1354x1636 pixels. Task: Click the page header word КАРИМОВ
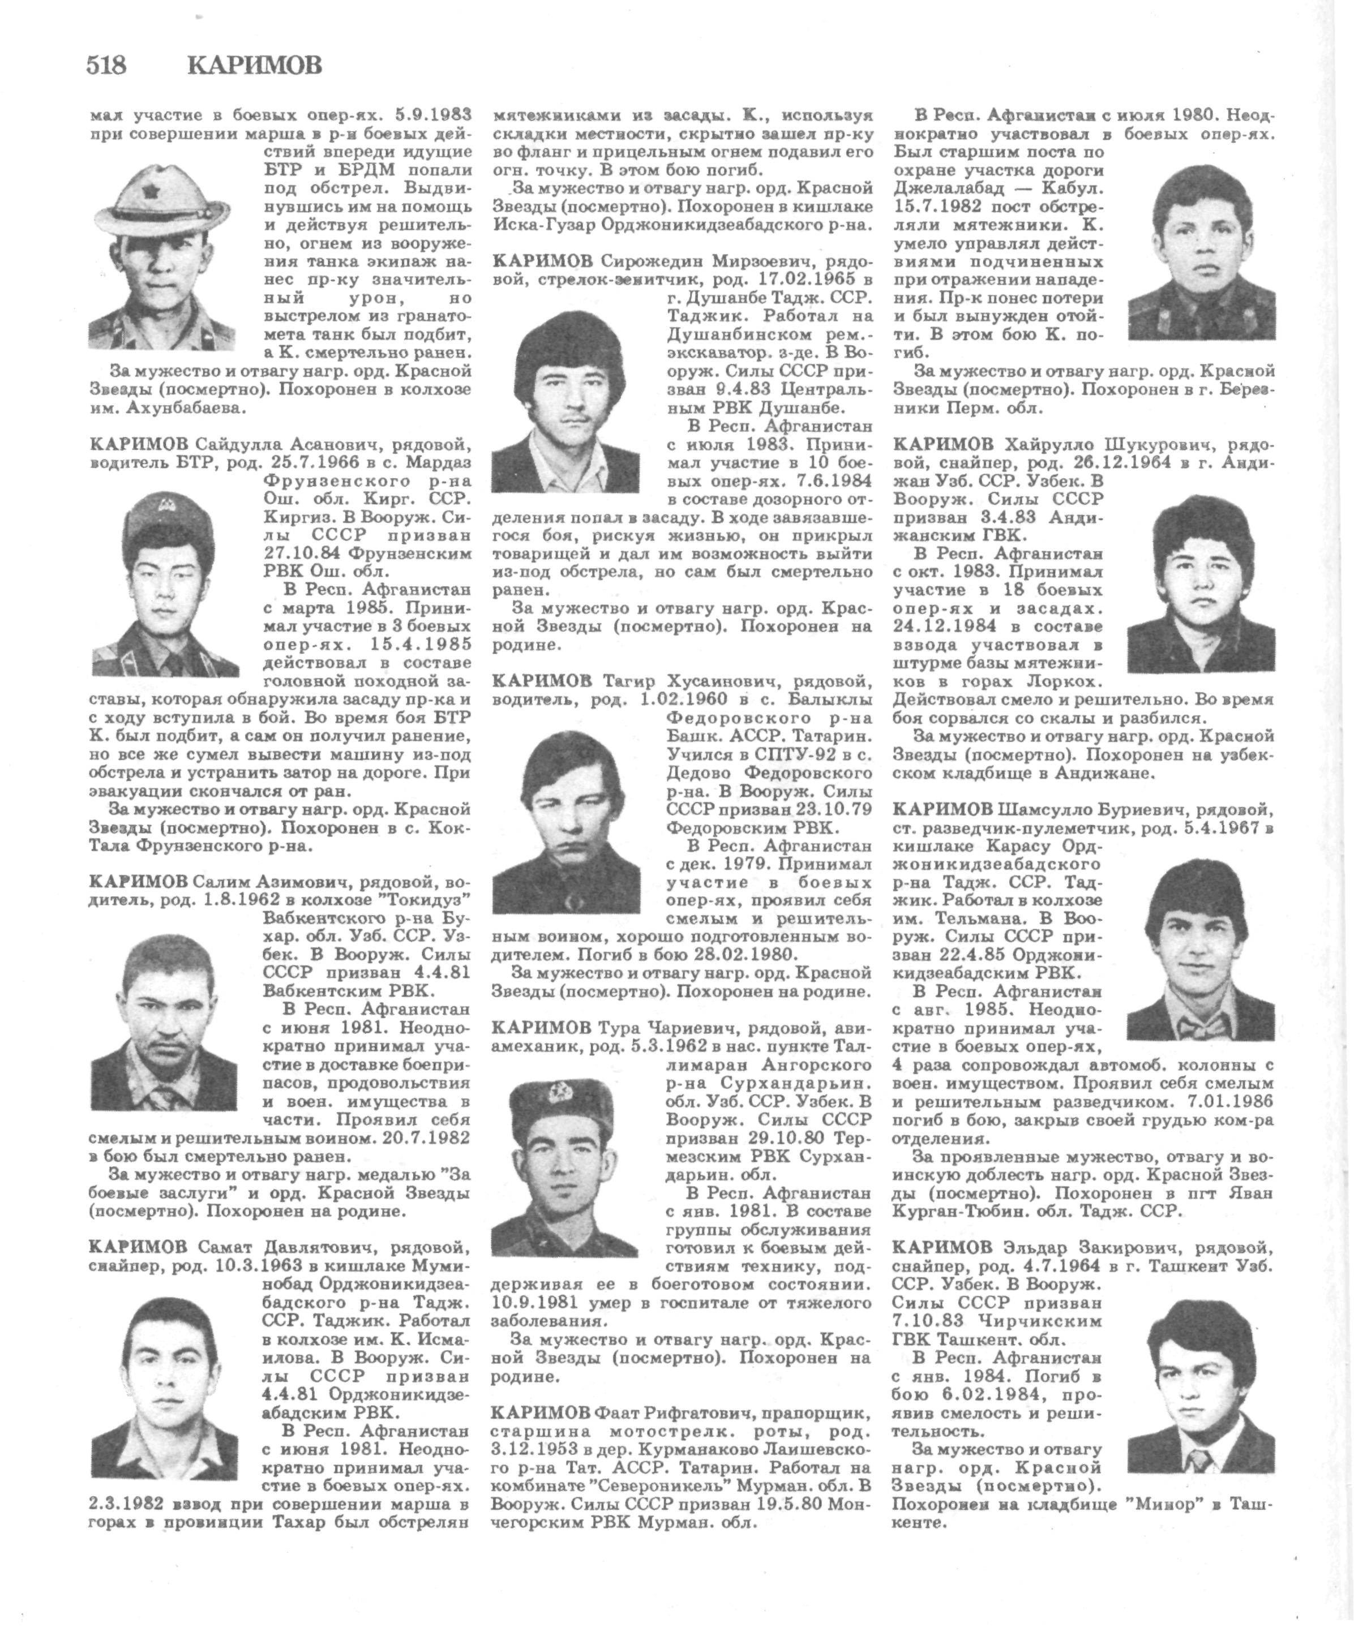coord(254,66)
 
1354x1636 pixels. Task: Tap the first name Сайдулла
coord(232,445)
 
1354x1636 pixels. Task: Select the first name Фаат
coord(619,1413)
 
